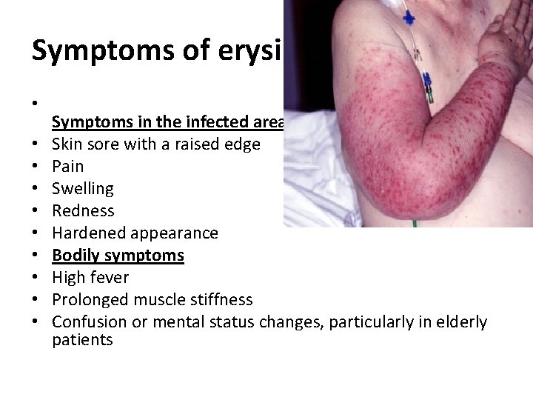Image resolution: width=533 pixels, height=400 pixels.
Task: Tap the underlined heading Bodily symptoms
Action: tap(118, 256)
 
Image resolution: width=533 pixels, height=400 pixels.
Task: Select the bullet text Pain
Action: tap(67, 166)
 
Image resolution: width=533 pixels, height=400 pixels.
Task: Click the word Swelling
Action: tap(83, 189)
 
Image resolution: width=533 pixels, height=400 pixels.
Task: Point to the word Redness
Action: tap(83, 210)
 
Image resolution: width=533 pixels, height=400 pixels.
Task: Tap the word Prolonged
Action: tap(89, 300)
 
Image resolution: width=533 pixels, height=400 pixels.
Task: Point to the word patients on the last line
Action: tap(82, 340)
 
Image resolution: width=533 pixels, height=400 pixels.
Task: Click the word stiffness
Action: tap(218, 300)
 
